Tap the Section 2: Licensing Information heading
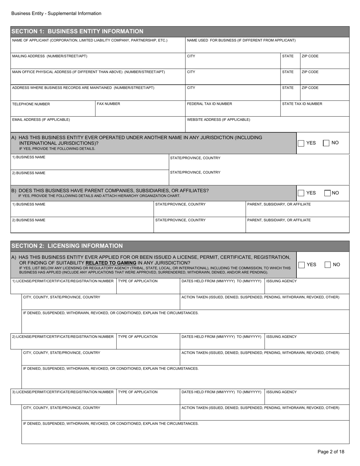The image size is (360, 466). pos(67,246)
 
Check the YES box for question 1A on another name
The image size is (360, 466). pos(301,143)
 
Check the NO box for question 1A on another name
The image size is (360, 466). pos(326,143)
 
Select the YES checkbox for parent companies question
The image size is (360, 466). pos(301,193)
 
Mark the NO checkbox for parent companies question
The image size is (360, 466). pos(328,193)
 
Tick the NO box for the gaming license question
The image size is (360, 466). pos(328,265)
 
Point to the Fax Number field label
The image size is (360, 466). pos(108,103)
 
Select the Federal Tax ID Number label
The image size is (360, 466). pos(210,103)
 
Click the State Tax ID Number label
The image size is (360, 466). pos(302,103)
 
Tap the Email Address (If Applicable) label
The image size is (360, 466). pos(41,119)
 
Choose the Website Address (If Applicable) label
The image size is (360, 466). pos(219,119)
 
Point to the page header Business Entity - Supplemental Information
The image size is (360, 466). pos(56,14)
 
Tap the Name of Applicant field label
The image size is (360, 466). pos(90,40)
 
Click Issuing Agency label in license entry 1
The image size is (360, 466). pos(282,281)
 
